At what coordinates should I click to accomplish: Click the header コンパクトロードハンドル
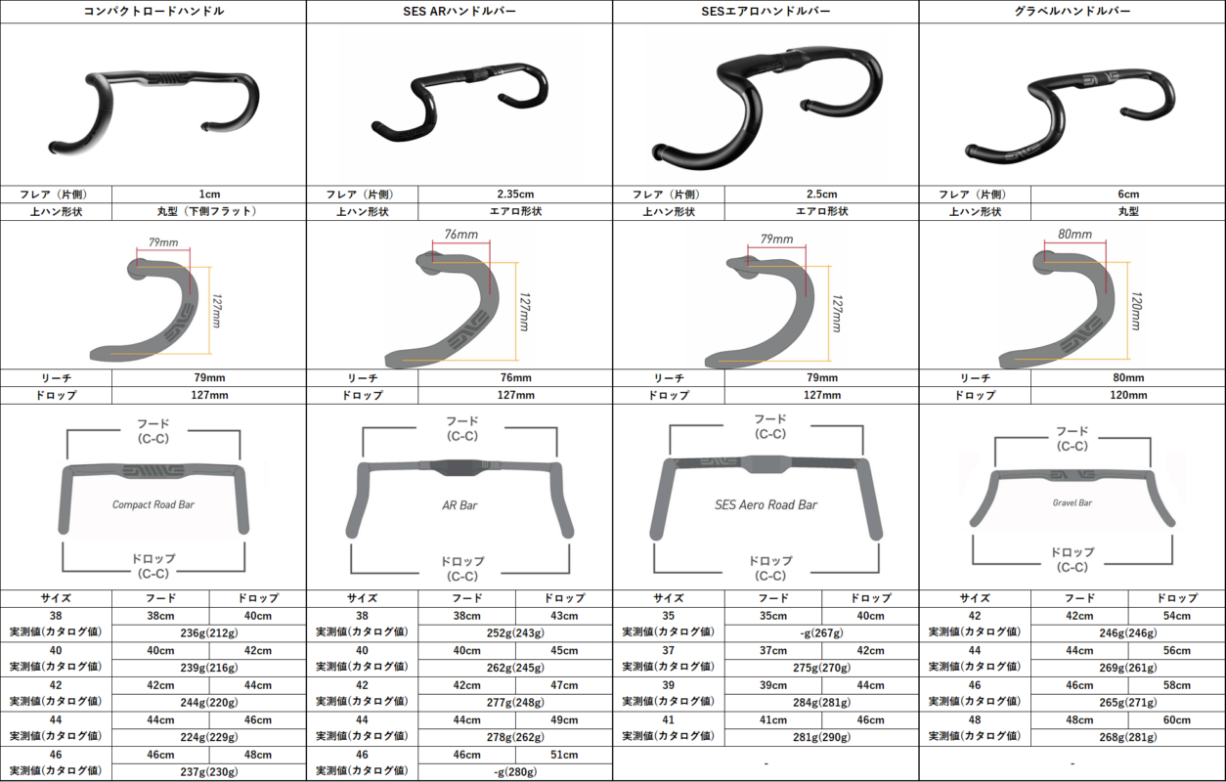153,11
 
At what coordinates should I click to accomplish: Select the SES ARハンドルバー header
460,11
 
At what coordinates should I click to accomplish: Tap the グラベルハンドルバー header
1073,11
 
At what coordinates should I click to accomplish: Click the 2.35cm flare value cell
515,194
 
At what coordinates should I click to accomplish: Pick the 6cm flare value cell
1128,194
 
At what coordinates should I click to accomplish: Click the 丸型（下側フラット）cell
208,211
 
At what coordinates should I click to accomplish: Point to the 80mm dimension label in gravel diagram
1074,235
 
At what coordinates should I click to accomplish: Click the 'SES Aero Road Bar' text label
766,505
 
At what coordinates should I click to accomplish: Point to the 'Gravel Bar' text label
1073,502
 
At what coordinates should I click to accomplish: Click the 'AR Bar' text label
460,505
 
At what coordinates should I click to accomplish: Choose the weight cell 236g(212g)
208,632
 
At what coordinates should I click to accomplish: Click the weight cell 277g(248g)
515,702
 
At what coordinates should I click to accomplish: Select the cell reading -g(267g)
821,632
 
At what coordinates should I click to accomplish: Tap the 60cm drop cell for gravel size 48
1177,719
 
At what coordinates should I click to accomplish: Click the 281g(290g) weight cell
821,737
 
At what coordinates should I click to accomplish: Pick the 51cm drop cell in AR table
564,755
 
